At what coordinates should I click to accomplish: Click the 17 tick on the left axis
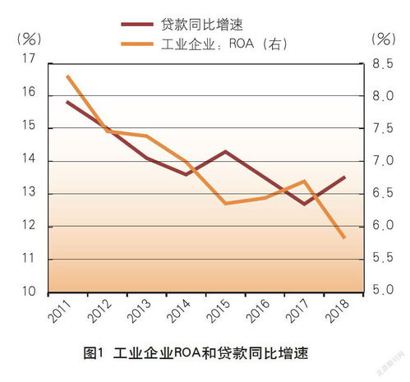tap(30, 60)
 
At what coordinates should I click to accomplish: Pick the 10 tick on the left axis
tap(30, 292)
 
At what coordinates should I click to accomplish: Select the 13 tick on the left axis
tap(30, 193)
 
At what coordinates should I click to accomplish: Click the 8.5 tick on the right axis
tap(384, 64)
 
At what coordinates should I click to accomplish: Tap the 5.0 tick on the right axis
tap(384, 291)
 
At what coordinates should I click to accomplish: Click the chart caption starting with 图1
tap(200, 354)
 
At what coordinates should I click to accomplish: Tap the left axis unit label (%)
tap(28, 38)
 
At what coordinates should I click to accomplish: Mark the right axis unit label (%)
tap(384, 38)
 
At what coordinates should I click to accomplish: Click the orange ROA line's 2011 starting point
tap(67, 76)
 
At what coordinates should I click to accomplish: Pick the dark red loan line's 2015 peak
tap(225, 151)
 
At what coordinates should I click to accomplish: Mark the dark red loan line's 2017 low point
tap(304, 204)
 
